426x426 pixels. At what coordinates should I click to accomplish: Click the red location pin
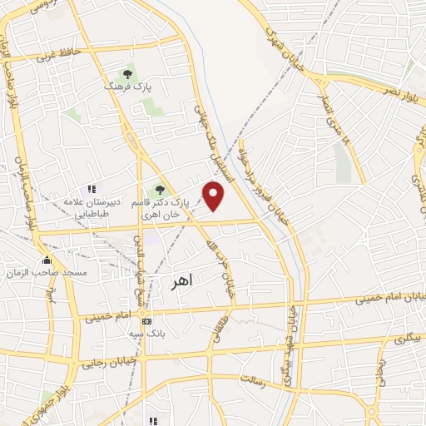click(215, 196)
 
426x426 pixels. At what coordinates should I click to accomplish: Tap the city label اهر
click(180, 280)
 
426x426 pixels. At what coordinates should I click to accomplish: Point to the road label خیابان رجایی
click(102, 364)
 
